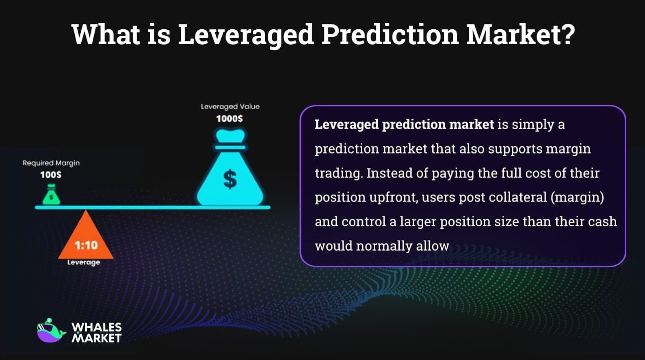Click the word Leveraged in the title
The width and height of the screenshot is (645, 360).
click(246, 35)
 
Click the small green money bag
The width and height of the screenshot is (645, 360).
click(51, 195)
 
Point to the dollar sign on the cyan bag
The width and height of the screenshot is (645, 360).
click(230, 179)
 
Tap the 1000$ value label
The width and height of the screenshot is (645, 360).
click(229, 119)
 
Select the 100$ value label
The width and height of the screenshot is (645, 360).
click(51, 175)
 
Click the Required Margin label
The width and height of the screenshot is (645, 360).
click(51, 163)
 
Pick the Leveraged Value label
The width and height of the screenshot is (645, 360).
click(230, 106)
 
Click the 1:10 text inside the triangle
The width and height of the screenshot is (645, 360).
click(86, 245)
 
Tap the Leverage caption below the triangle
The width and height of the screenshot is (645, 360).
click(84, 262)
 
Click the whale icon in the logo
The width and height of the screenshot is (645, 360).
click(51, 331)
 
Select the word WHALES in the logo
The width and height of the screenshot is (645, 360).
click(97, 327)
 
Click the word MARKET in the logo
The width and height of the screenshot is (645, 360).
click(97, 338)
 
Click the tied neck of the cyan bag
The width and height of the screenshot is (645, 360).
click(230, 147)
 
